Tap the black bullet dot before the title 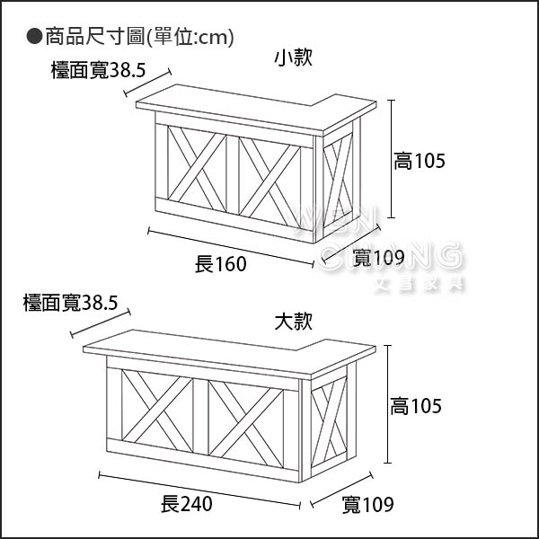tap(34, 37)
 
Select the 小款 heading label tap(294, 58)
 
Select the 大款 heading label tap(294, 321)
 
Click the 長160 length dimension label tap(220, 264)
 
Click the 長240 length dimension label tap(186, 504)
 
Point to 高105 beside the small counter tap(420, 162)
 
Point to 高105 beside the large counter tap(416, 407)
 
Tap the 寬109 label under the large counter tap(368, 505)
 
